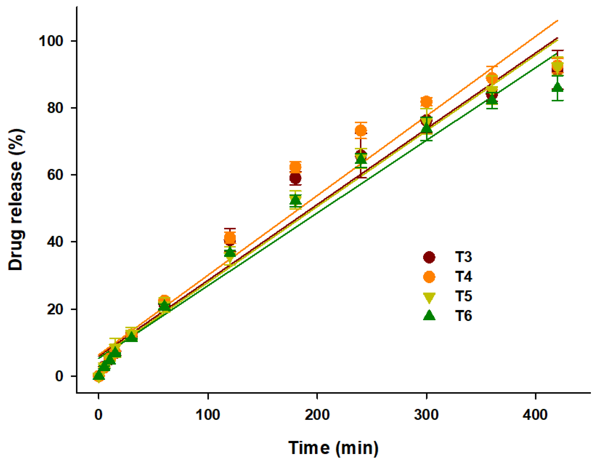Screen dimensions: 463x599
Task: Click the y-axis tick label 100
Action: click(51, 41)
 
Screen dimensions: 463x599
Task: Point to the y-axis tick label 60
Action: click(55, 175)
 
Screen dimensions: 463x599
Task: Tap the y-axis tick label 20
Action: click(55, 309)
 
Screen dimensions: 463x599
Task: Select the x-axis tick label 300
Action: click(426, 415)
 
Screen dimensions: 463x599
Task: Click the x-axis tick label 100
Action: click(208, 415)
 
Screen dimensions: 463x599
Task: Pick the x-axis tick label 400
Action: click(535, 415)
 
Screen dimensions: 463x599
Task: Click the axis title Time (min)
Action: click(333, 448)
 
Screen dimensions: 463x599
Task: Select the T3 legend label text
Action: click(463, 257)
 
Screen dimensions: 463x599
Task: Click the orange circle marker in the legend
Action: click(429, 277)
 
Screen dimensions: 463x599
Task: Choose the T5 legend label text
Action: click(463, 296)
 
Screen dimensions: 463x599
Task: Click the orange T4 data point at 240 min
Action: click(361, 131)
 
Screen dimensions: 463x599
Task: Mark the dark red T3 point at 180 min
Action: click(295, 178)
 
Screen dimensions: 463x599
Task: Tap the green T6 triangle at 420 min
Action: click(558, 87)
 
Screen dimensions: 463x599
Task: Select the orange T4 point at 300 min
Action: click(426, 102)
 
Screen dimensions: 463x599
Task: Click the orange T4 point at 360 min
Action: click(492, 79)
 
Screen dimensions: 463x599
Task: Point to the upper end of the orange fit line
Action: click(558, 20)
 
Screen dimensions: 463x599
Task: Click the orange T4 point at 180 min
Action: click(295, 167)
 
